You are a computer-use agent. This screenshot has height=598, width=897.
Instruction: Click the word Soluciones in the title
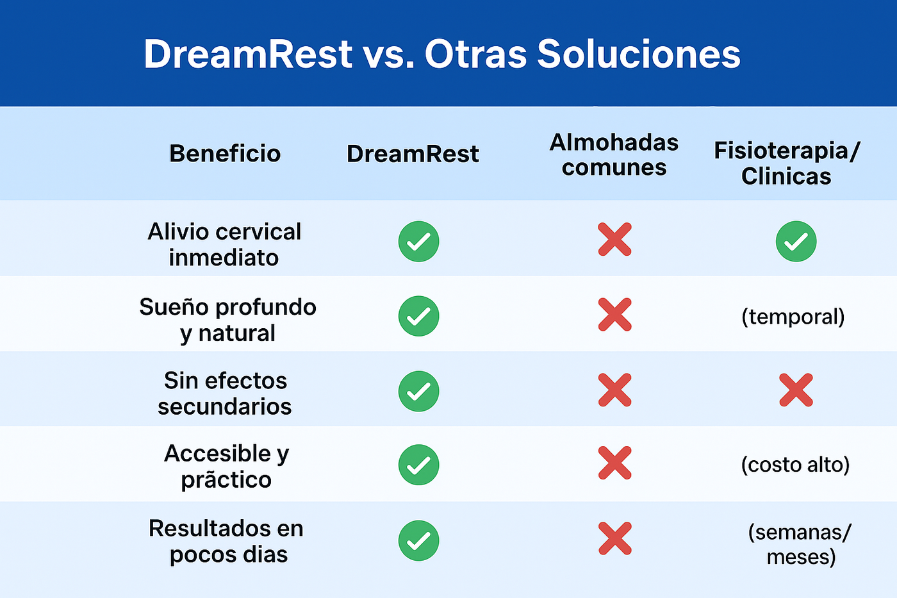click(639, 54)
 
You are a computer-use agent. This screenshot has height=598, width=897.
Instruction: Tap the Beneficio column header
click(225, 154)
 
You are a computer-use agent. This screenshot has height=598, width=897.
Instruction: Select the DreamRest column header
click(413, 154)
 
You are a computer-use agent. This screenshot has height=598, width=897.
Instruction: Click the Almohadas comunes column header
click(614, 154)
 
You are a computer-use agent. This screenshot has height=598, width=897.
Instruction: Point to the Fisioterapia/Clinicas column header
click(787, 163)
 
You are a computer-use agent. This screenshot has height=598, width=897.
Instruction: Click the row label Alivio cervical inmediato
click(224, 244)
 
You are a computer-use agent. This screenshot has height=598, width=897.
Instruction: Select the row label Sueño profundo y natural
click(228, 320)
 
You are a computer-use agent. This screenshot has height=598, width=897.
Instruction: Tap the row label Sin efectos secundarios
click(225, 394)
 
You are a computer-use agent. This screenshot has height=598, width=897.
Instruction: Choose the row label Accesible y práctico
click(226, 467)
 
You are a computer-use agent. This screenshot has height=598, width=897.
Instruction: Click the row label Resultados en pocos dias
click(226, 541)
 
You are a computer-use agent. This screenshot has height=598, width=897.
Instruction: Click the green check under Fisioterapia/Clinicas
click(796, 241)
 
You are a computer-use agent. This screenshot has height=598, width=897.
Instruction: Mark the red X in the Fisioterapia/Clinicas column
click(796, 390)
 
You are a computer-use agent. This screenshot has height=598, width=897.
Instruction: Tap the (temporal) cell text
click(793, 317)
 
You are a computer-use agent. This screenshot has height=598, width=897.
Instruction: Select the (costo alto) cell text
click(795, 465)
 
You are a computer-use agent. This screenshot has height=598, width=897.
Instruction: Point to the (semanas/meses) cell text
click(800, 545)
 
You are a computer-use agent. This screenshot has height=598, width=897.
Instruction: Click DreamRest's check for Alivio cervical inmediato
click(418, 241)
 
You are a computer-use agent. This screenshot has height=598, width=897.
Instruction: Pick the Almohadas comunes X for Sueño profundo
click(614, 315)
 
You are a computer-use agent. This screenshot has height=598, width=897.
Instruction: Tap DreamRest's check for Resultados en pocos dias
click(418, 541)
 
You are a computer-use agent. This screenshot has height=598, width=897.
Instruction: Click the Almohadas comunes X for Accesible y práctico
click(614, 463)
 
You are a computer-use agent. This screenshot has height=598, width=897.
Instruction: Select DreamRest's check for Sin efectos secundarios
click(418, 392)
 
